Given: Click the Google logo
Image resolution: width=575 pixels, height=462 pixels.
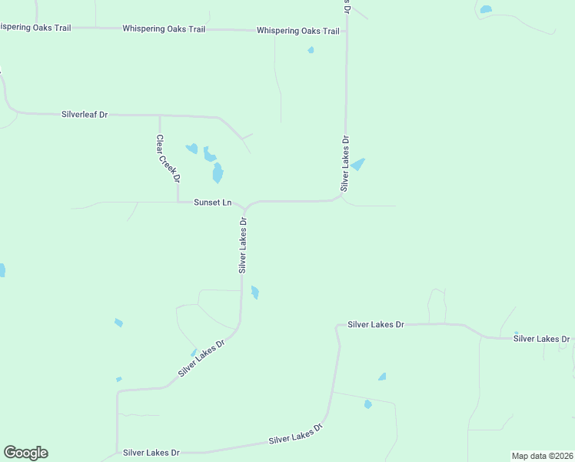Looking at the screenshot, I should pyautogui.click(x=25, y=453).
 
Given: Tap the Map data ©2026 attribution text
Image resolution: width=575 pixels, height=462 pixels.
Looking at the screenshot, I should pyautogui.click(x=542, y=456).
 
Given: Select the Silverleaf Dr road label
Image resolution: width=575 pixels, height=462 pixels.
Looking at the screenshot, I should pyautogui.click(x=85, y=114).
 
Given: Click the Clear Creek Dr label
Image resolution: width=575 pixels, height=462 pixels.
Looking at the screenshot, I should pyautogui.click(x=168, y=159).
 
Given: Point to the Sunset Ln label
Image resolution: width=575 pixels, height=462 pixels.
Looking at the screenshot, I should pyautogui.click(x=212, y=203).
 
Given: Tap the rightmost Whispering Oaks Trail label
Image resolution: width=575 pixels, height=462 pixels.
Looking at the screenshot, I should pyautogui.click(x=297, y=31).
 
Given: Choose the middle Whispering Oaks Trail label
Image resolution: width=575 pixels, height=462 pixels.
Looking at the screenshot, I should pyautogui.click(x=164, y=28).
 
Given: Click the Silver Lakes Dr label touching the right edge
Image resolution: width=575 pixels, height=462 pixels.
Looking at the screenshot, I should pyautogui.click(x=541, y=338).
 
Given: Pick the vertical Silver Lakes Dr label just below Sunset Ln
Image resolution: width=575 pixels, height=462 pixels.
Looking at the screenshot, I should pyautogui.click(x=243, y=246).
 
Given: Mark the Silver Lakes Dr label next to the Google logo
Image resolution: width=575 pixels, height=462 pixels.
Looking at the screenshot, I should pyautogui.click(x=151, y=453).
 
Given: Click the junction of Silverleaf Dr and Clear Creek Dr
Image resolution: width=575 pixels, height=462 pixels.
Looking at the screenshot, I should pyautogui.click(x=160, y=115).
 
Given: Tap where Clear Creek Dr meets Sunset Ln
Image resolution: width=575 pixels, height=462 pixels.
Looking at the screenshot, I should pyautogui.click(x=178, y=203).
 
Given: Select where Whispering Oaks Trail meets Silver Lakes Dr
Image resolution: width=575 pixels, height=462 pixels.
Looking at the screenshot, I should pyautogui.click(x=347, y=32).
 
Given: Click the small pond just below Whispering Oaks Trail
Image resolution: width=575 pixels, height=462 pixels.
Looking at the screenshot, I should pyautogui.click(x=311, y=50).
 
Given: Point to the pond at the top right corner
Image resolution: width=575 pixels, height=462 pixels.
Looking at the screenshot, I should pyautogui.click(x=485, y=10).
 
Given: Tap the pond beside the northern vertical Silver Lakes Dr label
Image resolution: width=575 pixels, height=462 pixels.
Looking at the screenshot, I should pyautogui.click(x=358, y=164).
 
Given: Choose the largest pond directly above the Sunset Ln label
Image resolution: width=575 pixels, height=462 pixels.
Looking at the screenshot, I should pyautogui.click(x=218, y=172).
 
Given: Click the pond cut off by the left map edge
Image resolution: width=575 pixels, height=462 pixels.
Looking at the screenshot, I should pyautogui.click(x=2, y=269).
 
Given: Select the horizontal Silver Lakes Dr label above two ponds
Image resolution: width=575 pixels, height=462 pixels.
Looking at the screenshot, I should pyautogui.click(x=375, y=325).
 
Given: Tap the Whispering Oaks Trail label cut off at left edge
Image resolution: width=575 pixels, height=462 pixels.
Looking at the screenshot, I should pyautogui.click(x=35, y=28).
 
